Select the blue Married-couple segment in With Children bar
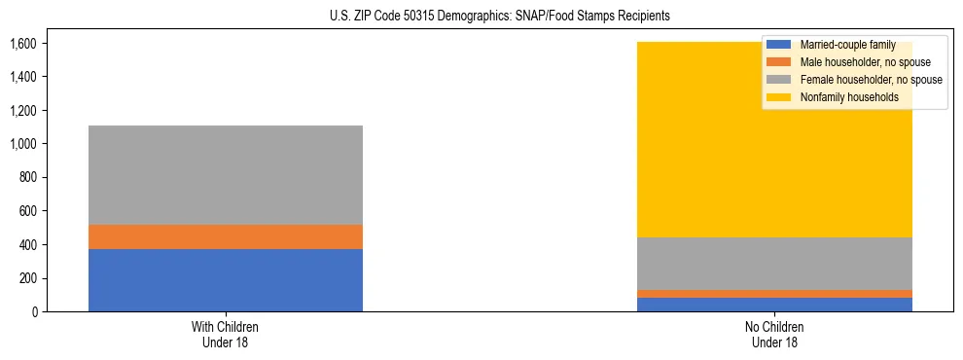(x=226, y=280)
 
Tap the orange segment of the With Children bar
(x=226, y=236)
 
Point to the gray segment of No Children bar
(x=775, y=264)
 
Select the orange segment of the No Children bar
(x=775, y=294)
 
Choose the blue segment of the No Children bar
(x=775, y=305)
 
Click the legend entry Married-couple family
(x=847, y=45)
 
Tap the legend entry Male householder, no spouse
(x=865, y=62)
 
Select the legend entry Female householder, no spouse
(x=871, y=80)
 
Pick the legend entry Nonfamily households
(x=848, y=97)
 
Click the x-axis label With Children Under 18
(x=226, y=334)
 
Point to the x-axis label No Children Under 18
(x=775, y=334)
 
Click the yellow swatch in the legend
(x=779, y=97)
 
